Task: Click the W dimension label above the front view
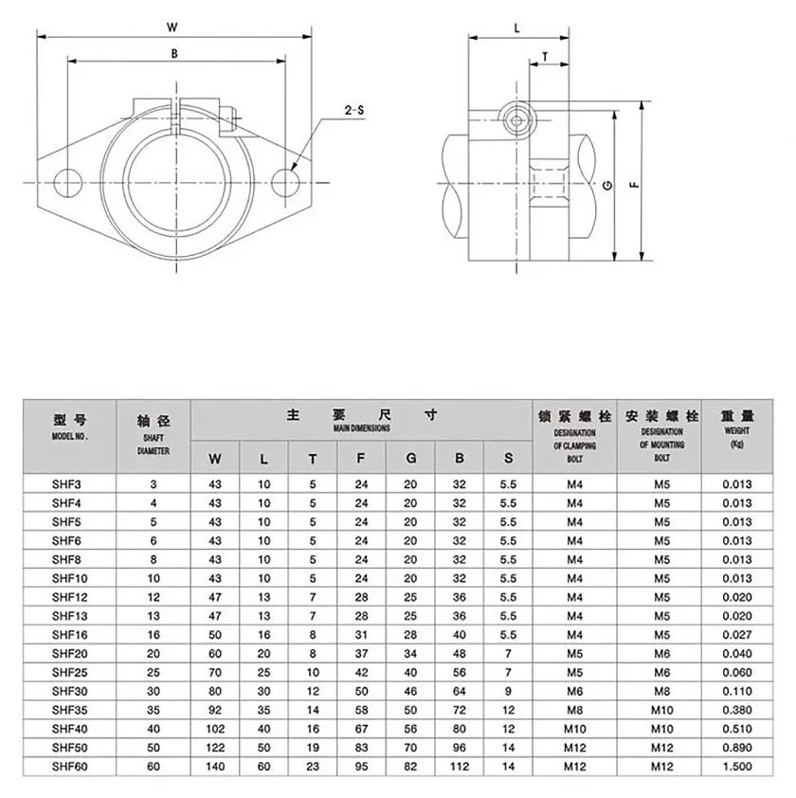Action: click(172, 27)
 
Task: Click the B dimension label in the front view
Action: click(174, 53)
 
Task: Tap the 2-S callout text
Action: click(353, 110)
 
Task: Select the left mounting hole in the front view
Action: click(67, 183)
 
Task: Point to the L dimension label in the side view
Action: click(517, 28)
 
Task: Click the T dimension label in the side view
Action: click(545, 57)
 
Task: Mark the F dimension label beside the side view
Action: click(635, 185)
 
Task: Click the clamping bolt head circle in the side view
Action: click(516, 120)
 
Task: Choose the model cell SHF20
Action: click(70, 653)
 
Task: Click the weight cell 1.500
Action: click(737, 766)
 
